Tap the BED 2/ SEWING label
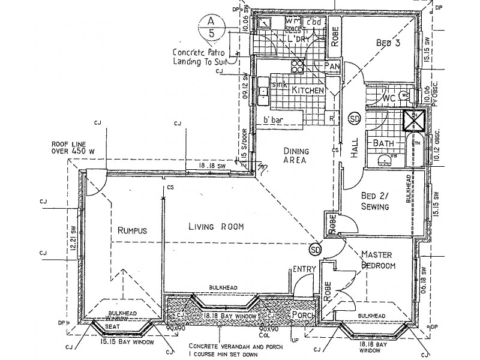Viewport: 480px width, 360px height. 376,202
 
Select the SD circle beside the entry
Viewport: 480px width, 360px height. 316,249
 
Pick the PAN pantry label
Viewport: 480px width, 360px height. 332,65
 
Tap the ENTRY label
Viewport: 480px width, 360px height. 304,271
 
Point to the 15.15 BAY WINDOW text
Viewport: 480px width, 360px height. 127,342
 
